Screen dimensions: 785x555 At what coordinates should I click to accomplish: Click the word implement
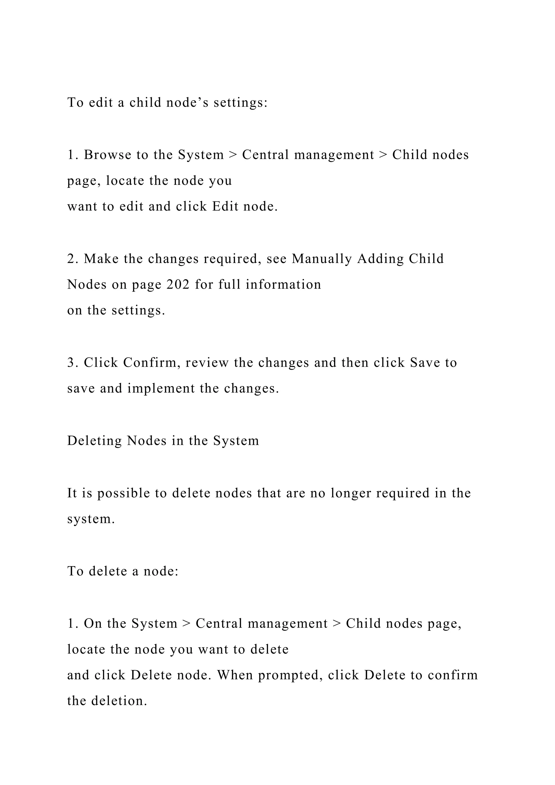[x=161, y=388]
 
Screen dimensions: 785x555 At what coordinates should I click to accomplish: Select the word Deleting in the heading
[x=94, y=441]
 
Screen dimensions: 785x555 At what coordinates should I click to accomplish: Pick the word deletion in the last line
[x=119, y=701]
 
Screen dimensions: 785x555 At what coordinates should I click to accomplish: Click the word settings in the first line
[x=240, y=102]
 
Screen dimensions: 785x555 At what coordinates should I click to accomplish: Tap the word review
[x=207, y=363]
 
